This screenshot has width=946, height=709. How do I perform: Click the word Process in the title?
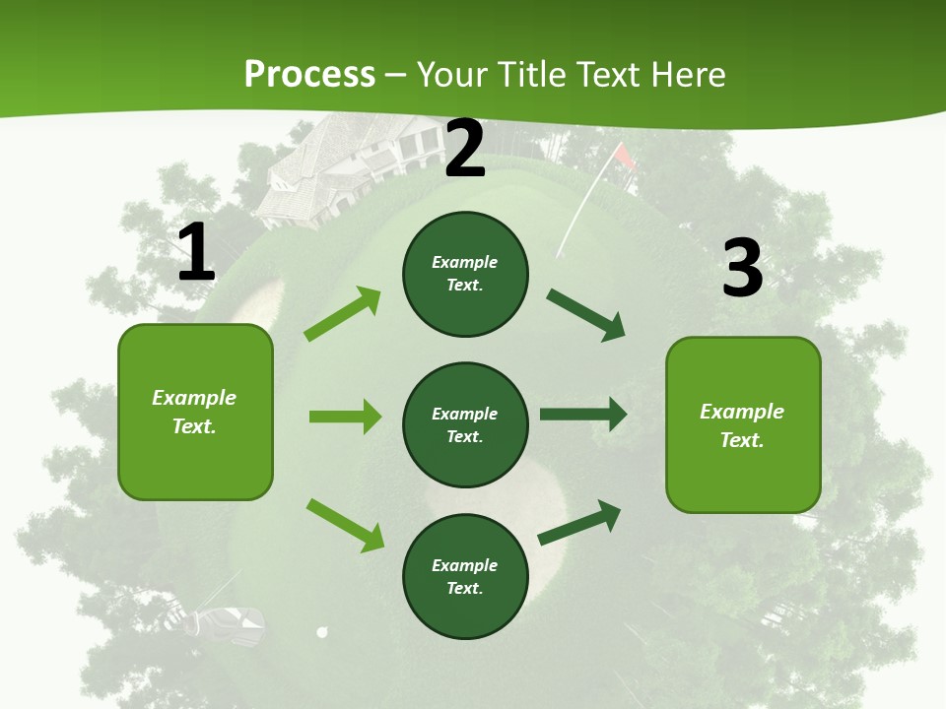309,75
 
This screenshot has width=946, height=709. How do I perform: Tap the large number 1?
196,253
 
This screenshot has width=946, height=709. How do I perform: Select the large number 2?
465,149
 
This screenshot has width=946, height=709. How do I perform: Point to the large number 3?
742,268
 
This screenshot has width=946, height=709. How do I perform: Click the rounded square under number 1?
195,412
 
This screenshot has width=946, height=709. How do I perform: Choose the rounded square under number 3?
743,424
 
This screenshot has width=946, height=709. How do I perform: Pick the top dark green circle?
465,274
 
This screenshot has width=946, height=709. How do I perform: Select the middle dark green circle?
465,424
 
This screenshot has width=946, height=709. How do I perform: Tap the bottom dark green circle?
465,576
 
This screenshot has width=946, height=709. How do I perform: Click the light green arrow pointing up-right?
343,314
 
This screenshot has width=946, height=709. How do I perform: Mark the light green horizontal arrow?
345,417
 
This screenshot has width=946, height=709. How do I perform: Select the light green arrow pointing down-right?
345,525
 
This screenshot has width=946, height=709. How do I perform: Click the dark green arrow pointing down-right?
585,315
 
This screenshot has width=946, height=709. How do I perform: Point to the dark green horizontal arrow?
583,415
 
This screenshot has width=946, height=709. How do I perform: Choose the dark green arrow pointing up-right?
579,523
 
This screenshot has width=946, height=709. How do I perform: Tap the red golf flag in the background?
623,156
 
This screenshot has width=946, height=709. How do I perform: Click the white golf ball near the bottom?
321,632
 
